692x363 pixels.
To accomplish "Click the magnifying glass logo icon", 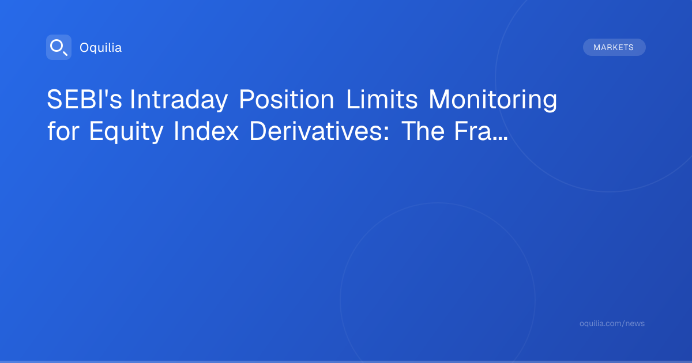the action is (x=59, y=47).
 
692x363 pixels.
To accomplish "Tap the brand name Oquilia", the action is (x=101, y=47).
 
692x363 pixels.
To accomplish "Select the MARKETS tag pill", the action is (x=614, y=47).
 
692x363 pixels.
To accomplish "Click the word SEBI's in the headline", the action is (x=84, y=99).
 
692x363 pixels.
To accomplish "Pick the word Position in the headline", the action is (x=287, y=99).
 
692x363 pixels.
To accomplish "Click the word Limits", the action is (x=382, y=99).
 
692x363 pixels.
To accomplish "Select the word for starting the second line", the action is (x=63, y=131).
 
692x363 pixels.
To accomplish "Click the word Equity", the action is (x=126, y=132).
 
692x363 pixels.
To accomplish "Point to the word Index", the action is (x=206, y=131).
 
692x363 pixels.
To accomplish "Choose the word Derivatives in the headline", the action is (x=316, y=131).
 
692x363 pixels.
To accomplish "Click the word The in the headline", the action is (x=423, y=131).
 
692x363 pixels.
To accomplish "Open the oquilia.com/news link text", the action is (x=612, y=323).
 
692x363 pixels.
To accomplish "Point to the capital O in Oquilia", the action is (x=85, y=47).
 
